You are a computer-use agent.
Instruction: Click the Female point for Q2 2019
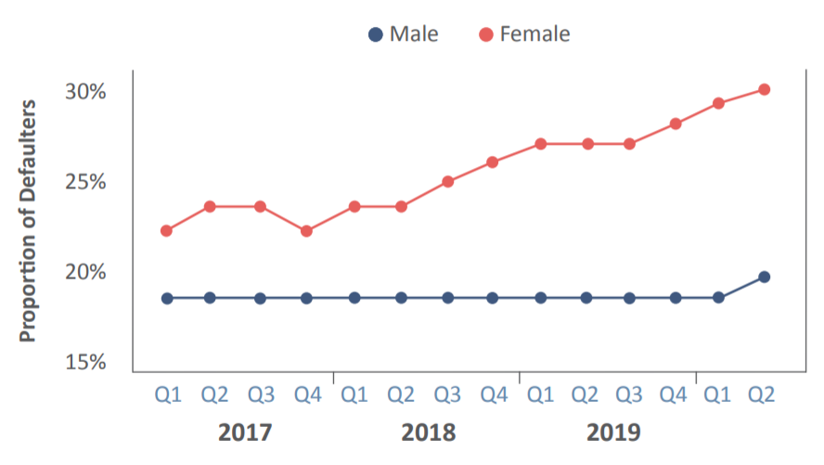pos(764,90)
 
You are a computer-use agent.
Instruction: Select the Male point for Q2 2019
pos(764,277)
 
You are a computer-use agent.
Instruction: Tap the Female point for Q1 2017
pos(167,231)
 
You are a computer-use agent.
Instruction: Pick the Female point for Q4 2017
pos(306,231)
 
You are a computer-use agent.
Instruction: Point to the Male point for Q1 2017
pos(167,299)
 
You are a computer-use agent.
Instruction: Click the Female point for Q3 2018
pos(448,182)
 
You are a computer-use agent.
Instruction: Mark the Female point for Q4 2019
pos(676,124)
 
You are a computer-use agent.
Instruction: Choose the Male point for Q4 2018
pos(493,298)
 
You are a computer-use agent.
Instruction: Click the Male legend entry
pos(403,34)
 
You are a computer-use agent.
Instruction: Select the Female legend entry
pos(524,34)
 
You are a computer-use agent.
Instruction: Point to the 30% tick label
pos(85,92)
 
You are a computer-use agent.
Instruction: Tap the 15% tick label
pos(85,362)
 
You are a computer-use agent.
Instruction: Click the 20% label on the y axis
pos(85,272)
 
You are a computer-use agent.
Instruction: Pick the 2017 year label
pos(245,433)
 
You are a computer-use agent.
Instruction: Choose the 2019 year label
pos(613,433)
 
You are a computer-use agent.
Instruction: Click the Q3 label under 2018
pos(447,394)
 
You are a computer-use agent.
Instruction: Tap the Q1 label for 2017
pos(168,394)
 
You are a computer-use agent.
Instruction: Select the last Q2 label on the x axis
pos(762,394)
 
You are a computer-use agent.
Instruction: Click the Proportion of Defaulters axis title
pos(27,221)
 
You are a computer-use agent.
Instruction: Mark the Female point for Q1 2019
pos(718,104)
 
